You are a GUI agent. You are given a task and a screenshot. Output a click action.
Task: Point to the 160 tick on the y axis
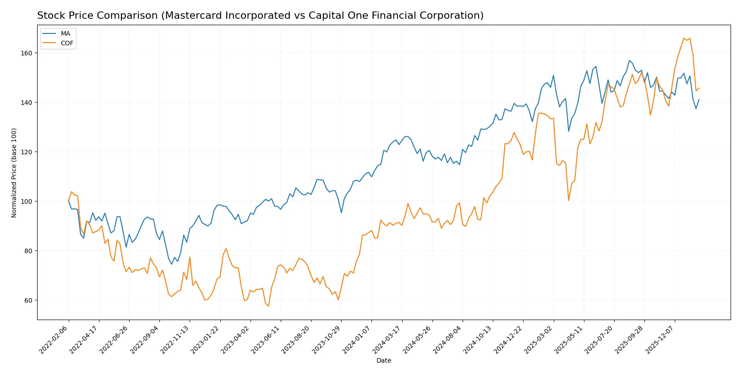[x=27, y=53]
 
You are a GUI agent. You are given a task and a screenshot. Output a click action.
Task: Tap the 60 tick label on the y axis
[x=28, y=300]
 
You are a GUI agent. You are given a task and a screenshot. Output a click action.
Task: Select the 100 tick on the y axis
[x=27, y=201]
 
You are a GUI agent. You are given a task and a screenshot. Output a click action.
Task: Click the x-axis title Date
[x=383, y=361]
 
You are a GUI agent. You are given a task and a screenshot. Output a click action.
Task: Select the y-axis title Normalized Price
[x=14, y=173]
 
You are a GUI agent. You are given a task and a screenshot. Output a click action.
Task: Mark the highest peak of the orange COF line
[x=684, y=38]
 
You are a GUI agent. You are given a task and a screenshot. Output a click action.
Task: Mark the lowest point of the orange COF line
[x=268, y=306]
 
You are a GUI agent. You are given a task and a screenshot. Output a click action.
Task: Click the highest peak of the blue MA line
[x=629, y=60]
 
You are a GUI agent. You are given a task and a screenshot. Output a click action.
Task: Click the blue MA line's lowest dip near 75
[x=172, y=264]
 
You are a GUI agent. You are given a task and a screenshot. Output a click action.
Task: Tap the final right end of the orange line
[x=699, y=88]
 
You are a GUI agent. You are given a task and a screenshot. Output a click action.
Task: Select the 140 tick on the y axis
[x=27, y=103]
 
